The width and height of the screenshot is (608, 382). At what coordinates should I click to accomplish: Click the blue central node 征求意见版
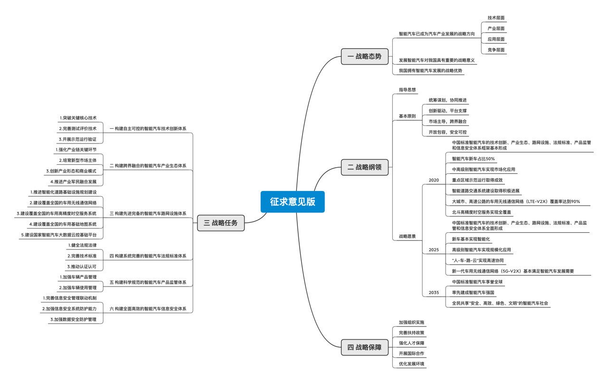click(292, 201)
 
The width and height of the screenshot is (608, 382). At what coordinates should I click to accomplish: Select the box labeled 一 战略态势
click(364, 56)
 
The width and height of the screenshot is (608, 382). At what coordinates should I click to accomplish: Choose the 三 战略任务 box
click(221, 222)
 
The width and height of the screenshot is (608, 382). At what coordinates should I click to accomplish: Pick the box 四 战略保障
click(364, 347)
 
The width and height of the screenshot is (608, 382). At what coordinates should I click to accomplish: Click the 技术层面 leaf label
click(496, 18)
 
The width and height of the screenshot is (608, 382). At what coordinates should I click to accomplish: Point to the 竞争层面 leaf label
click(496, 49)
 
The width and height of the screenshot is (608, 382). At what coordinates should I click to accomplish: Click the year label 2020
click(434, 180)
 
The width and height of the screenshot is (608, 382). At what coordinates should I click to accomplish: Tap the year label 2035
click(434, 292)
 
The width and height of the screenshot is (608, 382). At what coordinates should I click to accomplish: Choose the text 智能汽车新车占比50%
click(473, 159)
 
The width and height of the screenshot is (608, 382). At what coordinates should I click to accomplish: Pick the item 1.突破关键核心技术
click(78, 117)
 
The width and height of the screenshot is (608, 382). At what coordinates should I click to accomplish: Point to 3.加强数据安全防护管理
click(73, 320)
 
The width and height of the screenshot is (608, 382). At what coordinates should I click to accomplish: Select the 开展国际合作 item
click(411, 353)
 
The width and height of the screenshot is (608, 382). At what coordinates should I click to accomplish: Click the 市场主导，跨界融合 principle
click(447, 122)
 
